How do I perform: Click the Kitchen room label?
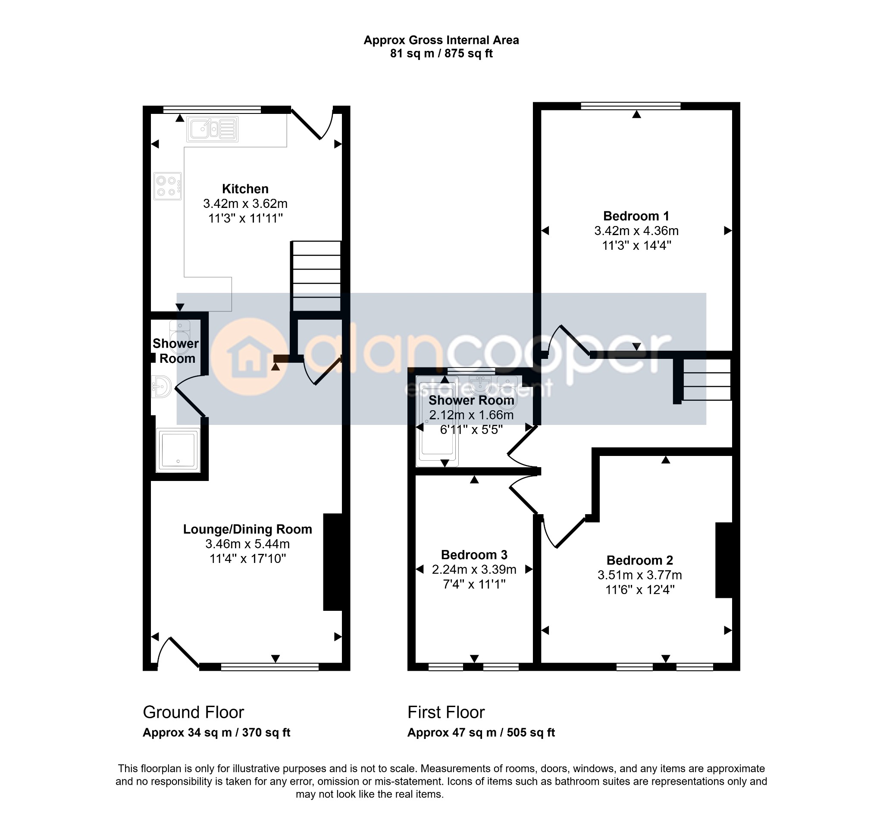tap(245, 189)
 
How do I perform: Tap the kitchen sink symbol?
tap(212, 129)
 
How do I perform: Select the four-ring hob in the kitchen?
tap(167, 185)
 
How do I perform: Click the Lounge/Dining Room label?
tap(247, 529)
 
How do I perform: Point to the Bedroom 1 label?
tap(636, 216)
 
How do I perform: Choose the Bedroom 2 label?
tap(639, 560)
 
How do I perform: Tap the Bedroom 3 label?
tap(474, 555)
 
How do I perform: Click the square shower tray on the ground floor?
tap(178, 450)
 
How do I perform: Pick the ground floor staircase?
tap(316, 277)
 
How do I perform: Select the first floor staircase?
tap(706, 380)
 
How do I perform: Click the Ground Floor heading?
tap(193, 712)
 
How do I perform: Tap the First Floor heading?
tap(446, 712)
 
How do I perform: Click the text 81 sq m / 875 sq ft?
tap(441, 53)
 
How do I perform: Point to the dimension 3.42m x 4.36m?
tap(636, 231)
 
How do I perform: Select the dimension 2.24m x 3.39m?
tap(474, 569)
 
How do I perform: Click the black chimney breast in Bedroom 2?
tap(724, 560)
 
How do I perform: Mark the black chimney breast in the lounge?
tap(333, 562)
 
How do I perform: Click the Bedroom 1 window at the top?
tap(631, 106)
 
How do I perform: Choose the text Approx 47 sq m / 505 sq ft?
tap(481, 732)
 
